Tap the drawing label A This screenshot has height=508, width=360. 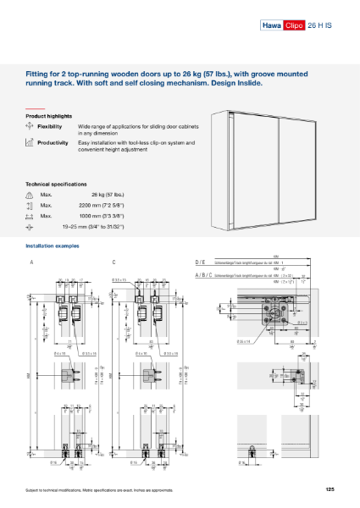(31, 262)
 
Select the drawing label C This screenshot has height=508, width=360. (114, 262)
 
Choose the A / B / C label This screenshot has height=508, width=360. (203, 274)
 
